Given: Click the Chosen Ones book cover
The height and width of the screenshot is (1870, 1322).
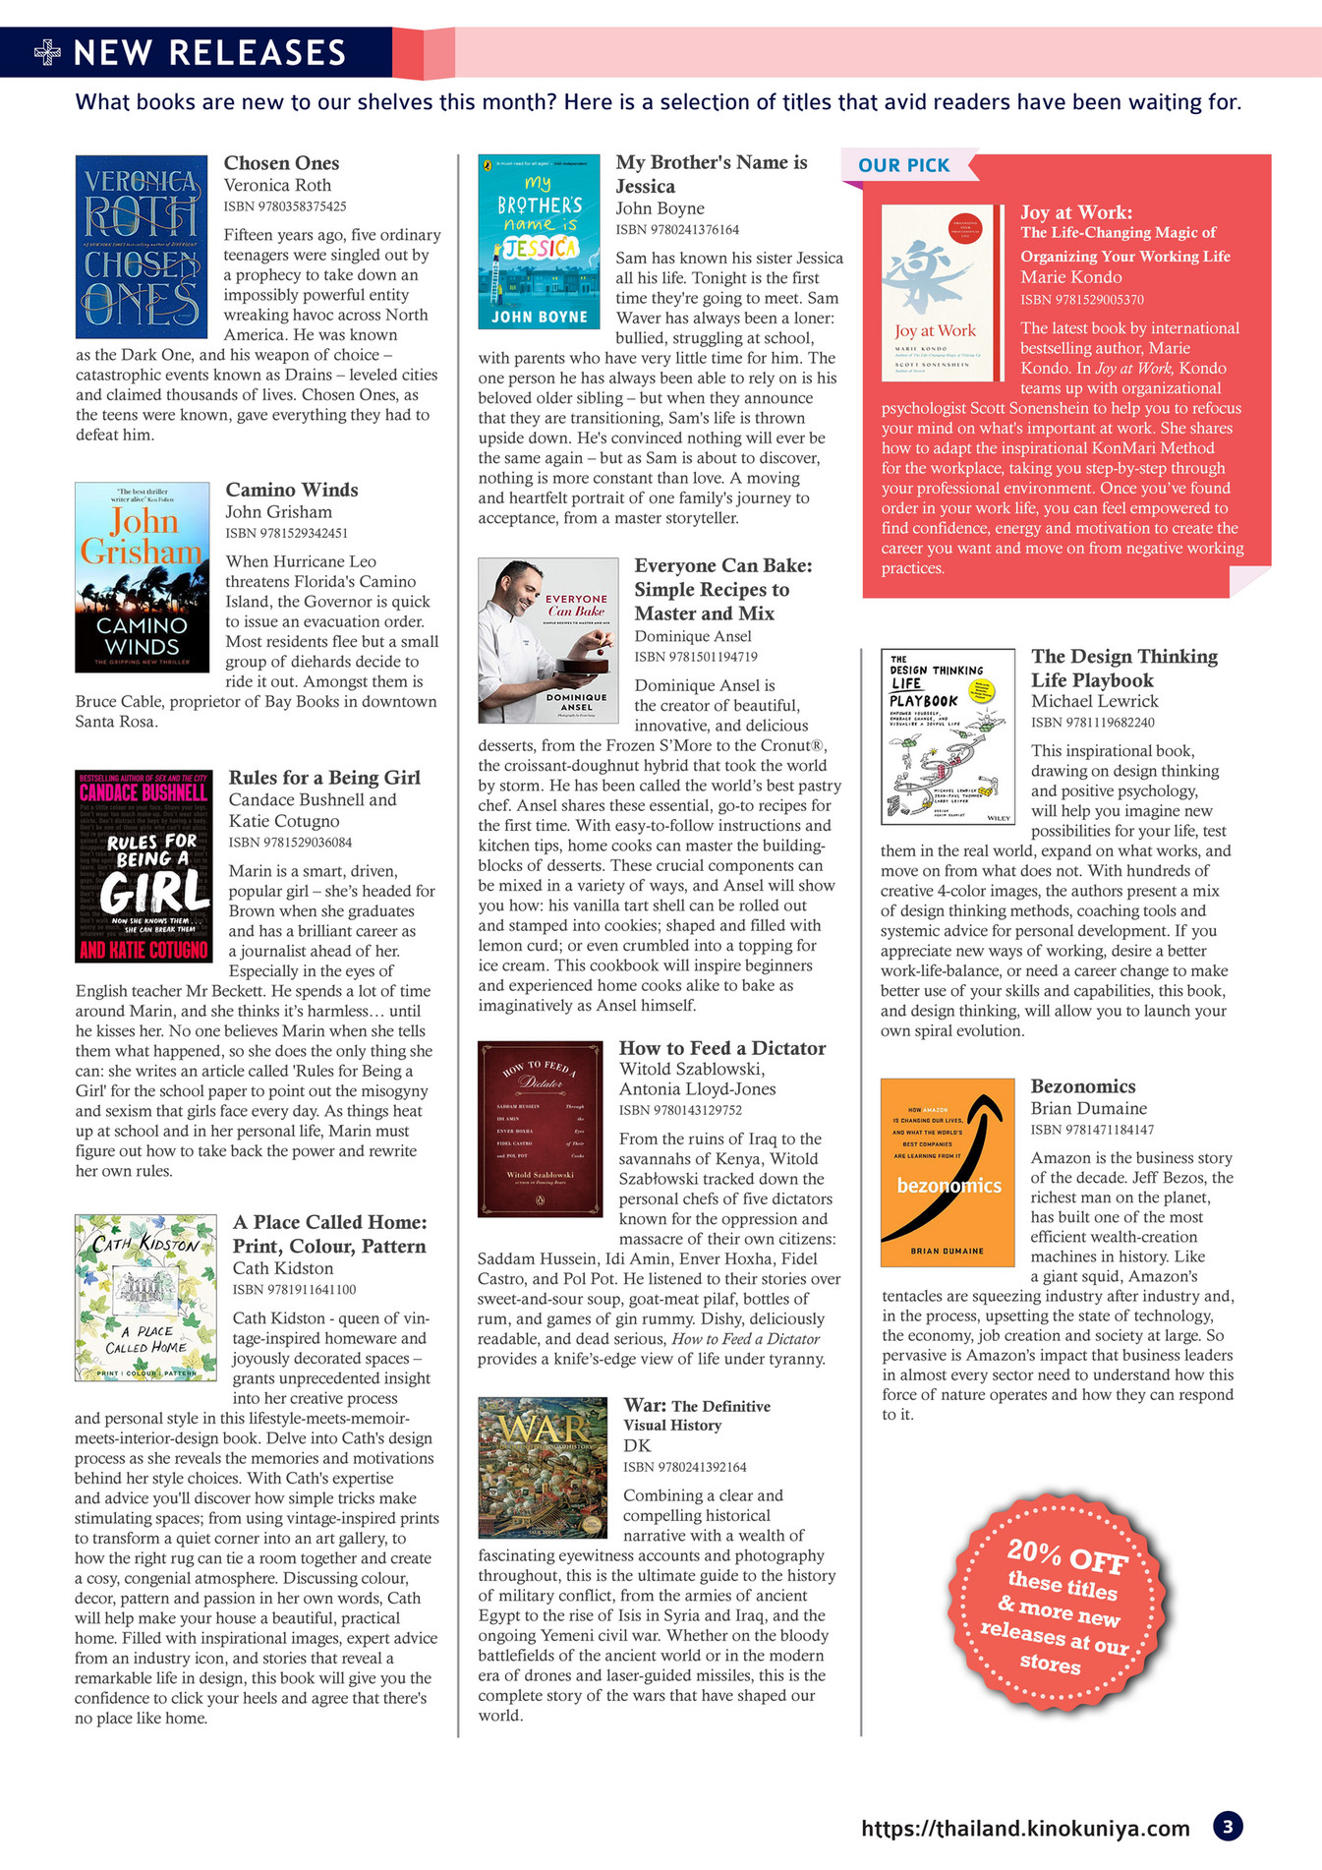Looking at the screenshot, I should click(142, 247).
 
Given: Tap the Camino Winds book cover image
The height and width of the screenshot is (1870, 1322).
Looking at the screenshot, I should click(143, 577).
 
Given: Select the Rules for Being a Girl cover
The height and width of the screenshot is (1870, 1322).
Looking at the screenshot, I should click(144, 866).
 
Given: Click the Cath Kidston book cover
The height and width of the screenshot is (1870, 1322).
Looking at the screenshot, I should click(145, 1298).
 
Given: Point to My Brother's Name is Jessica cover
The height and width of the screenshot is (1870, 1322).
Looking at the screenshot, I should click(539, 241).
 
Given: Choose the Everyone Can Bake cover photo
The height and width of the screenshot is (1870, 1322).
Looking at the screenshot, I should click(547, 641).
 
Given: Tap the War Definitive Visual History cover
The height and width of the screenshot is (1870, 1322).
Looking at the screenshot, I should click(543, 1467).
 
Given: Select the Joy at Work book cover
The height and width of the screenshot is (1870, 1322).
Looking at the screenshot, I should click(937, 293).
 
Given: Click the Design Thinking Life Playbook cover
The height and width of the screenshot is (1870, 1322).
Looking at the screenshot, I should click(948, 736).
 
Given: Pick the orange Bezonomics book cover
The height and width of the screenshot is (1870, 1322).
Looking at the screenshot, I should click(948, 1173).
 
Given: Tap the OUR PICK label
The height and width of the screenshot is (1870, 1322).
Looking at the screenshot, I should click(903, 165).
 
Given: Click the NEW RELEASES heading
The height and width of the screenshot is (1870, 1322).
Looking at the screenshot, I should click(209, 52).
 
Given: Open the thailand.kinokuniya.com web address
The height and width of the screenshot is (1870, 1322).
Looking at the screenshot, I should click(1025, 1828).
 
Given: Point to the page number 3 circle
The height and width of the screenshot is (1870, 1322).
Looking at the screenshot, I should click(1228, 1827).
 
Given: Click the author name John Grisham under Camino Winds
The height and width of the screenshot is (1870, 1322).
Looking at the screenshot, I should click(279, 512).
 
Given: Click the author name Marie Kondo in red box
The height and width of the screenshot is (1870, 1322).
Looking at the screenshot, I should click(1070, 277).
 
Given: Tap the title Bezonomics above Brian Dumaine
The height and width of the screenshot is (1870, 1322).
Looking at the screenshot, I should click(1082, 1086).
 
